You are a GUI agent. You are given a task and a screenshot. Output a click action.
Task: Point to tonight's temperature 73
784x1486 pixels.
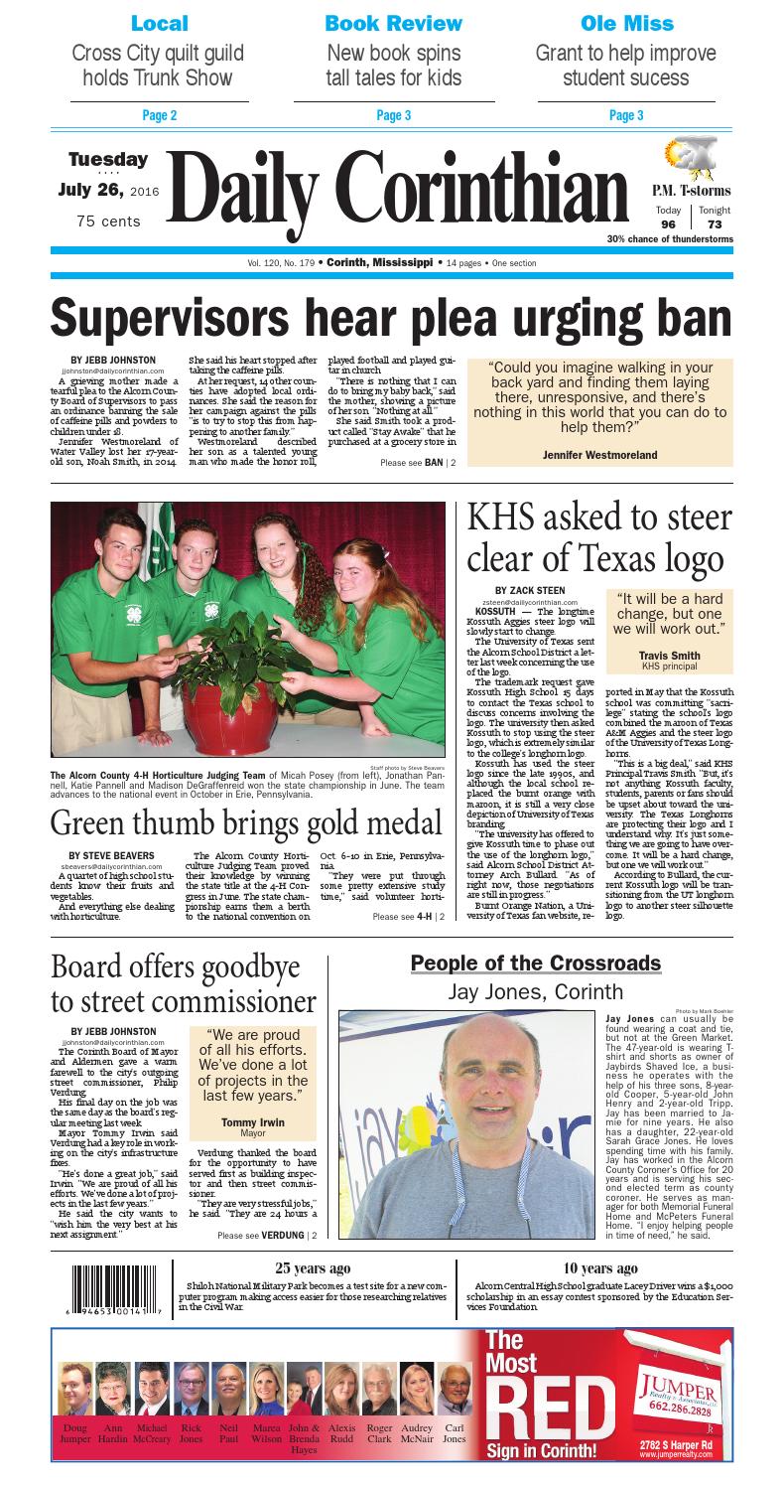[x=714, y=225]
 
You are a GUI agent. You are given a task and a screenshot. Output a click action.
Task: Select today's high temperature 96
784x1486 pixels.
[x=669, y=225]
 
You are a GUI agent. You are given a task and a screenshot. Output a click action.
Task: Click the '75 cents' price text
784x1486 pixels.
[x=109, y=222]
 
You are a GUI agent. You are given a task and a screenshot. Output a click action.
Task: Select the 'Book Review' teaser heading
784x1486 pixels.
[x=393, y=23]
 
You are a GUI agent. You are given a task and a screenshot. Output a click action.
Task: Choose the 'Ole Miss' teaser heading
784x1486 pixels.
[x=626, y=23]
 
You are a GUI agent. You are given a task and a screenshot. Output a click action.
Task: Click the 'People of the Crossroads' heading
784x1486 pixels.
[x=535, y=964]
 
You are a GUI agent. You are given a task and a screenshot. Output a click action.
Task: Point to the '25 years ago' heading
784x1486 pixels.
[x=312, y=1268]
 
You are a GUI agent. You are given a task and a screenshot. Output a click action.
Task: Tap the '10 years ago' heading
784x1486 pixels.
[x=600, y=1268]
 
